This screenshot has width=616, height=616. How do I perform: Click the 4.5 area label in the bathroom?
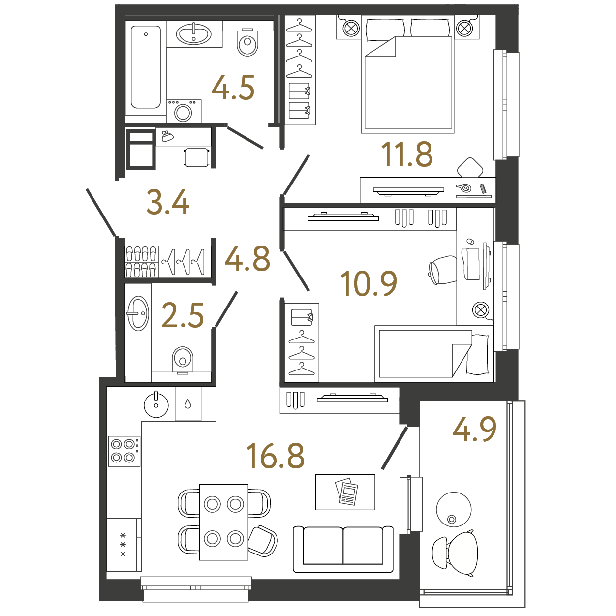tap(233, 87)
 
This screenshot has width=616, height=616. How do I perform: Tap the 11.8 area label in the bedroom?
tap(407, 154)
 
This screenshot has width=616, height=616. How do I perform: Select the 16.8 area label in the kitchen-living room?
tap(276, 456)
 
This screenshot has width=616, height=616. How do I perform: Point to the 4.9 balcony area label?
tap(474, 429)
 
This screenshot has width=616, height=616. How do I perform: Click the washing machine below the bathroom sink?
tap(184, 111)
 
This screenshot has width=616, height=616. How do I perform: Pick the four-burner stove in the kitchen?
tap(124, 451)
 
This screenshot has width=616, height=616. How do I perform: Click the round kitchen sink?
tap(156, 405)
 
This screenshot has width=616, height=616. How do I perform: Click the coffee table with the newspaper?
tap(345, 492)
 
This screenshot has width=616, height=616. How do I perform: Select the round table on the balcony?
tap(454, 510)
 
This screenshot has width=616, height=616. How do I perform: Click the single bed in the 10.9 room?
tap(434, 354)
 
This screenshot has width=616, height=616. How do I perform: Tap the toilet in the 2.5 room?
tap(183, 360)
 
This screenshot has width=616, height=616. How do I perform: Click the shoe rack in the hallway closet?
tap(141, 262)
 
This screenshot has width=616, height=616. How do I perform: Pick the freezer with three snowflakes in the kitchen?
tap(123, 545)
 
